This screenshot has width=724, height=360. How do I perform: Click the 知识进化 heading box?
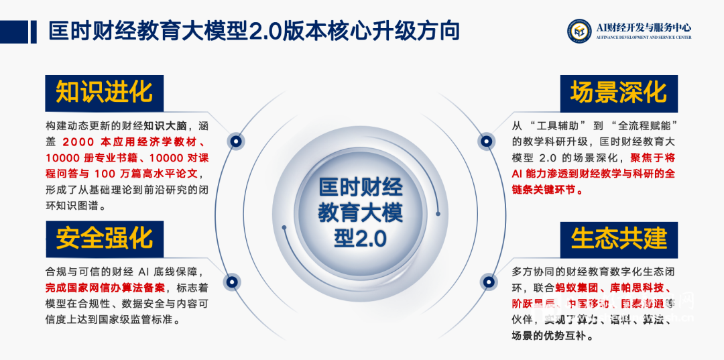(x=104, y=93)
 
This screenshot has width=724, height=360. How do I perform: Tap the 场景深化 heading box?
(x=619, y=93)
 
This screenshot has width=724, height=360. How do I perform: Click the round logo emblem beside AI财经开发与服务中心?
(x=579, y=31)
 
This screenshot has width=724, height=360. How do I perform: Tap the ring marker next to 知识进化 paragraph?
(x=235, y=141)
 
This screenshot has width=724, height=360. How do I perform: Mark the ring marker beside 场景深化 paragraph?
(x=487, y=141)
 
